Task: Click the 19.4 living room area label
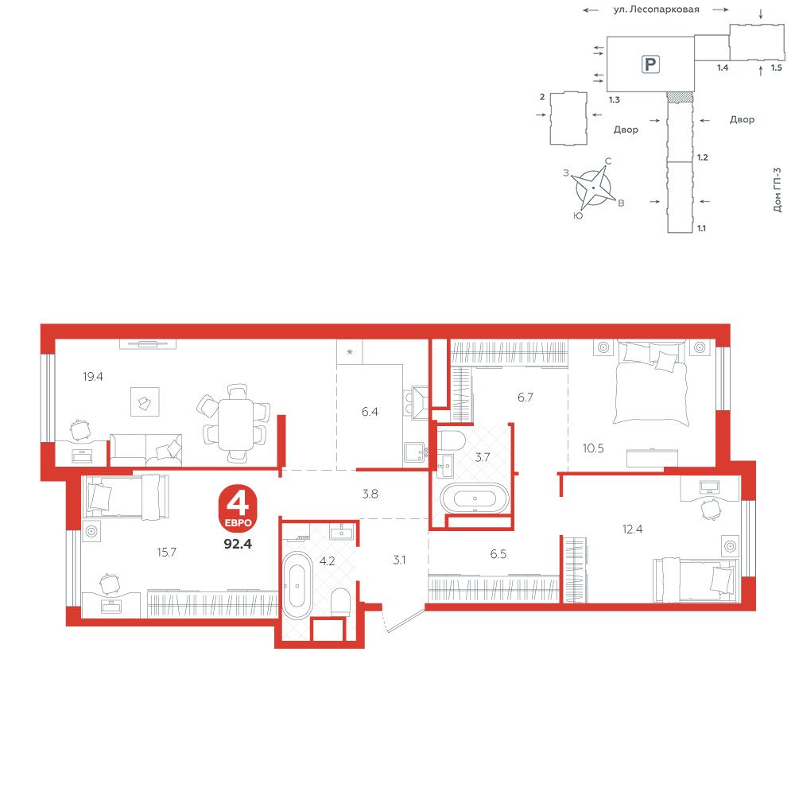pos(93,376)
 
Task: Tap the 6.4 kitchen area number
pos(370,412)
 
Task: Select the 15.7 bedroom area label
pos(166,552)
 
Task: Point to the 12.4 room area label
pos(632,529)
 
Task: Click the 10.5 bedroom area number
pos(593,448)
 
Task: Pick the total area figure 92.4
pos(238,544)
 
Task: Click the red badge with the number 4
pos(238,507)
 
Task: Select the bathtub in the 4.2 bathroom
pos(297,585)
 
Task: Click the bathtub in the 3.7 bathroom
pos(475,498)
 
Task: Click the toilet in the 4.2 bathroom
pos(340,602)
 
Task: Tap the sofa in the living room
pos(146,450)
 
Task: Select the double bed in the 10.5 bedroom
pos(652,383)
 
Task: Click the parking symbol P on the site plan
pos(650,64)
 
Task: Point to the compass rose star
pos(593,187)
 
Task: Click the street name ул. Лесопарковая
pos(656,9)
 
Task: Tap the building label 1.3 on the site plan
pos(615,100)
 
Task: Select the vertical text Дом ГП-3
pos(778,190)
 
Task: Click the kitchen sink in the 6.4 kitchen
pos(414,452)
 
